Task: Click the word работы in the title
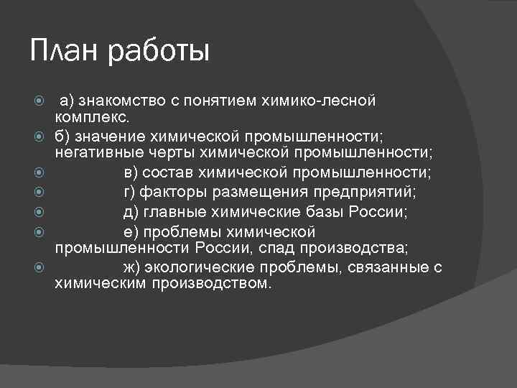point(160,53)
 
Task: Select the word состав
point(172,173)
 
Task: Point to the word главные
point(172,212)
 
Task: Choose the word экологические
point(196,267)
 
